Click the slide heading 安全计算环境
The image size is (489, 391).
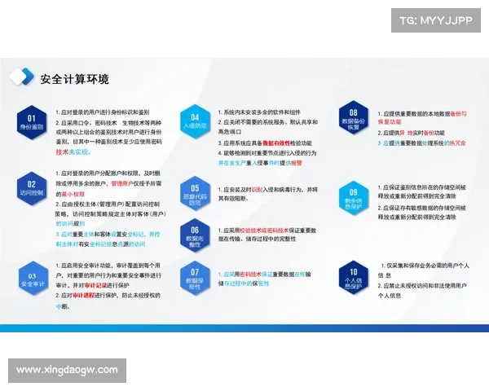(74, 79)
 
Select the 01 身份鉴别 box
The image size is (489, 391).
(32, 122)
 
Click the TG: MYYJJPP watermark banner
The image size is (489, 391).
(434, 20)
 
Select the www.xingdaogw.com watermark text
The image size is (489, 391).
(68, 371)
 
